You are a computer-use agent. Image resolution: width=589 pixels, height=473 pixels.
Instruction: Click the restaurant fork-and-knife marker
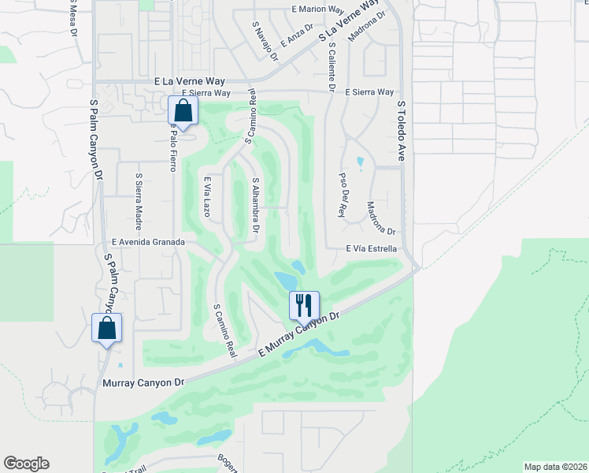click(304, 304)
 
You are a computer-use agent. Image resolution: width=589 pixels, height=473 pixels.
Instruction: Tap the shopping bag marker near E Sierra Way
click(183, 111)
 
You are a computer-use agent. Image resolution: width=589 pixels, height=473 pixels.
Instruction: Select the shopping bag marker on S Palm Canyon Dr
click(106, 328)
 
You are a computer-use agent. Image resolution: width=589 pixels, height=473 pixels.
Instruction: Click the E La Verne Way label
click(191, 81)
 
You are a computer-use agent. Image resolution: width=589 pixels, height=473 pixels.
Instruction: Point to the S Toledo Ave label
click(401, 131)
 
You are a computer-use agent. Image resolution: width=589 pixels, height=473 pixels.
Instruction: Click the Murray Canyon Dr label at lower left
click(143, 382)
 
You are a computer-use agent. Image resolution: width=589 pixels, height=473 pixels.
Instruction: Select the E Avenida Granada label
click(148, 243)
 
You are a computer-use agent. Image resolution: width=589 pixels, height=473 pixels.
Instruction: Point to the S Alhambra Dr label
click(255, 205)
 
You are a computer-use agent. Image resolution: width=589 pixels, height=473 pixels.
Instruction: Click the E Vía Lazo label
click(207, 197)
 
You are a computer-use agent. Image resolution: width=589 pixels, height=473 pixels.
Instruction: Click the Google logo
click(26, 464)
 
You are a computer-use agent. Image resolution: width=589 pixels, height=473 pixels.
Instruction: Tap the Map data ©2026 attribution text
click(555, 466)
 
